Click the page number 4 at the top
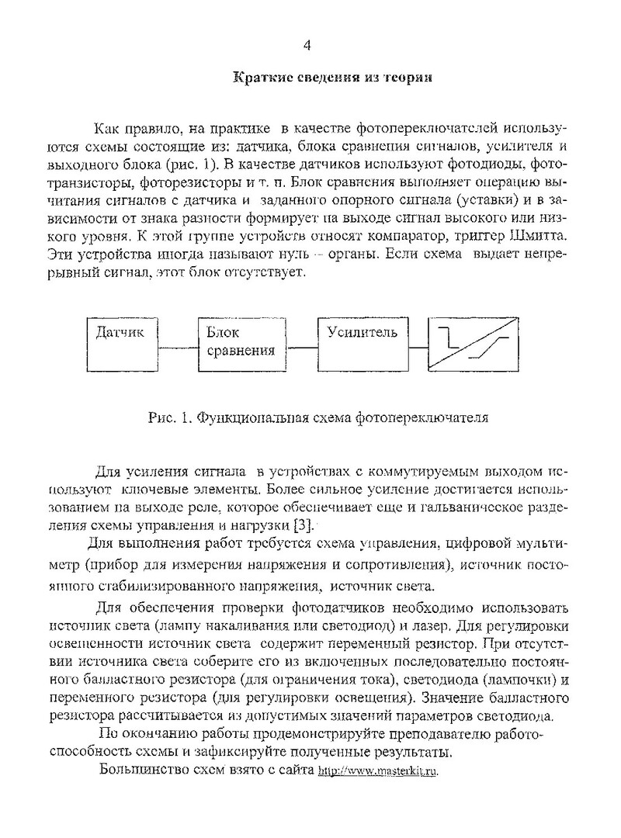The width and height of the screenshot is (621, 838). (307, 46)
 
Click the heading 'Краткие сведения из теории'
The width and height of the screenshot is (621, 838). (332, 78)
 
